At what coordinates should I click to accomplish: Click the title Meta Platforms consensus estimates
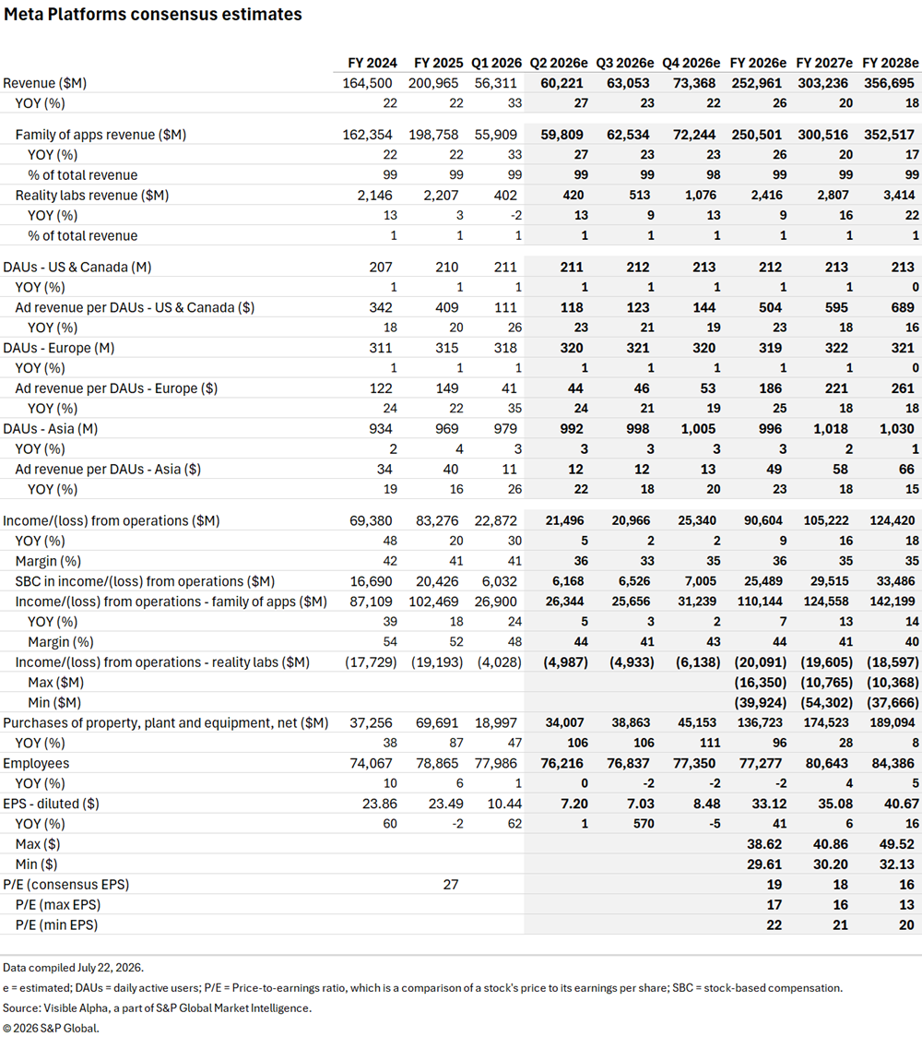click(153, 15)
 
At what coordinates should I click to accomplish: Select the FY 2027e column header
click(824, 63)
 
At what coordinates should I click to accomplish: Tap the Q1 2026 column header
click(496, 63)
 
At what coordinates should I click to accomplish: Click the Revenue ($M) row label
click(45, 83)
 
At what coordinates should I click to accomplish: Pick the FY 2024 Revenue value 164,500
click(368, 83)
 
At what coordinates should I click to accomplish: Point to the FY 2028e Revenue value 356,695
click(892, 83)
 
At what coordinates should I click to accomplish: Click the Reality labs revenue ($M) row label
click(92, 196)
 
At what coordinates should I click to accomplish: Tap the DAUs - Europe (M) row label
click(59, 349)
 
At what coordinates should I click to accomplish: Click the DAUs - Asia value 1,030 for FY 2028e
click(897, 429)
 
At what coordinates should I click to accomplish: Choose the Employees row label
click(36, 764)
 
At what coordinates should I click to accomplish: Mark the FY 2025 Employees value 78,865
click(438, 764)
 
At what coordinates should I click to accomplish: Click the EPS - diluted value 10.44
click(504, 805)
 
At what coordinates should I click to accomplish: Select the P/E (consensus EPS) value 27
click(451, 885)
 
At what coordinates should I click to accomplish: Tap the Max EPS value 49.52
click(897, 844)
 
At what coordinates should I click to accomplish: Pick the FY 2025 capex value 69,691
click(438, 723)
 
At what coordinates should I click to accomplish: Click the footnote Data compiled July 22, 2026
click(74, 968)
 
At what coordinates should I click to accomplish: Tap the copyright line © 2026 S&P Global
click(51, 1029)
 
